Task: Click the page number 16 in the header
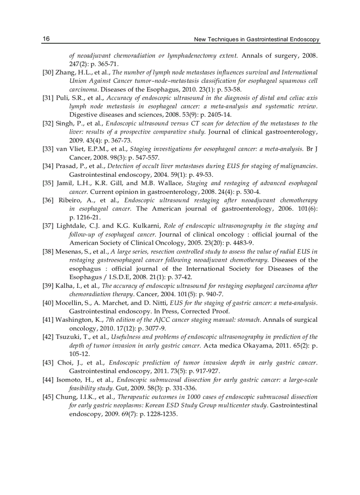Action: [x=46, y=39]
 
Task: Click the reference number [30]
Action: [x=48, y=72]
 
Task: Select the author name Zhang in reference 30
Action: [x=65, y=72]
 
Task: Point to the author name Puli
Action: [x=62, y=98]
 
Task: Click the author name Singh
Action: [x=64, y=123]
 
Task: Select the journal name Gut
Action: [x=121, y=388]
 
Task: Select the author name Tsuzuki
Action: [x=67, y=337]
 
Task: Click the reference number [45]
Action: [x=48, y=397]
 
